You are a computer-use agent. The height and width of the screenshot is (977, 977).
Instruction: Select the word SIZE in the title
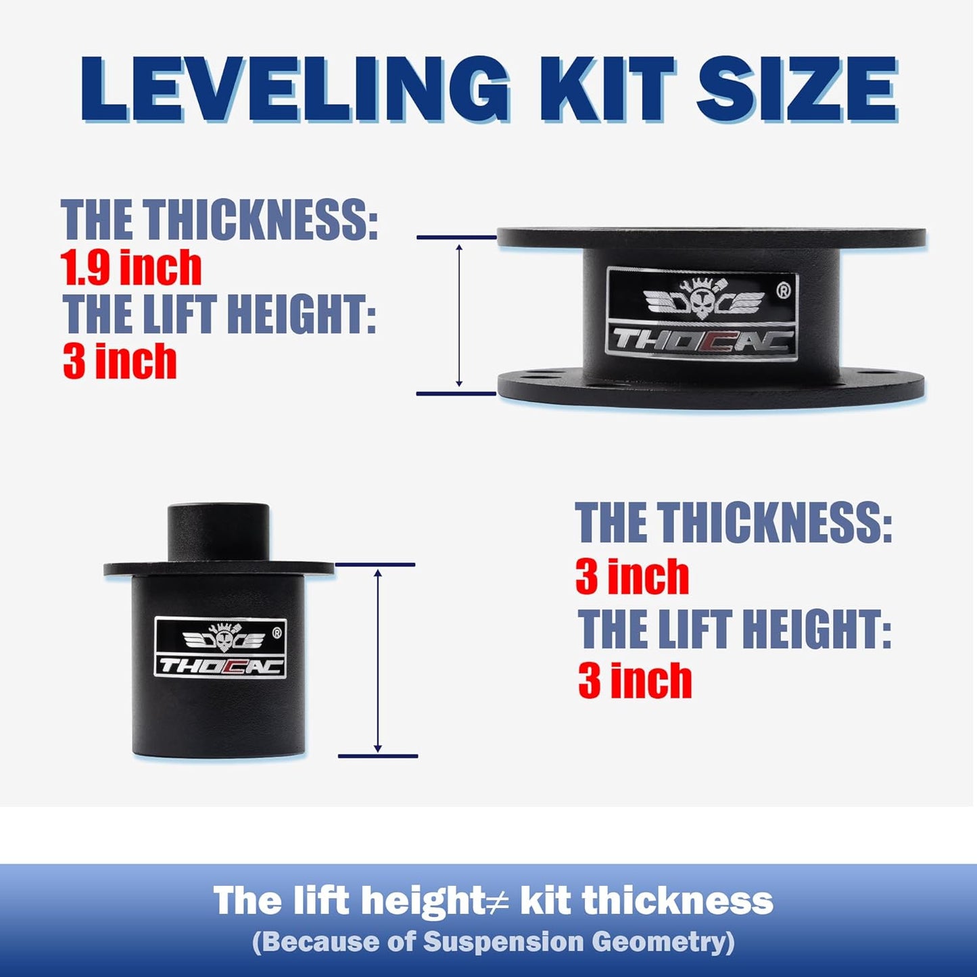[796, 89]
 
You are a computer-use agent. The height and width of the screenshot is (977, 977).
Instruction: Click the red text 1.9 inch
[131, 268]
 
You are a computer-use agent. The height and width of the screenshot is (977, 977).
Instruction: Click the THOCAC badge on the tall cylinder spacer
[220, 648]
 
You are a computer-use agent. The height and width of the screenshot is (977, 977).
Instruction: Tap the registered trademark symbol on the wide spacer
[783, 291]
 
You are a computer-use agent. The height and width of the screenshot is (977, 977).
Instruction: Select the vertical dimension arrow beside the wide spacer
[459, 316]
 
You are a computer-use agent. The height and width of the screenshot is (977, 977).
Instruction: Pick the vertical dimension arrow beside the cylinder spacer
[378, 661]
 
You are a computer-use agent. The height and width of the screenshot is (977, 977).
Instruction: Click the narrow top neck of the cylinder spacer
[218, 531]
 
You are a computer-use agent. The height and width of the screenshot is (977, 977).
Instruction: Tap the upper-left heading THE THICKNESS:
[219, 219]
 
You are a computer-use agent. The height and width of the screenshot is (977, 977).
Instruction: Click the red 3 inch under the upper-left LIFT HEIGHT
[120, 362]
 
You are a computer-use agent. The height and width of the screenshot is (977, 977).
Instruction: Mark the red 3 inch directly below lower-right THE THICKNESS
[632, 577]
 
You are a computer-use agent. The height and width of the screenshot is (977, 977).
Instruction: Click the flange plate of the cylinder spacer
[218, 569]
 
